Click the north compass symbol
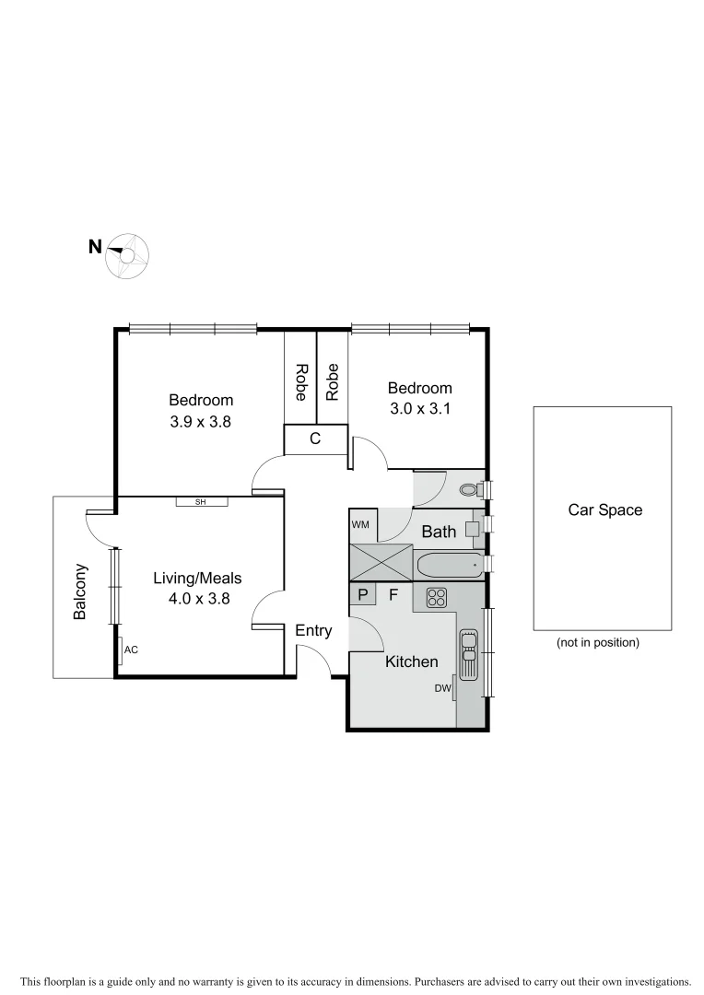pyautogui.click(x=127, y=255)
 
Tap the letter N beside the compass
pyautogui.click(x=94, y=247)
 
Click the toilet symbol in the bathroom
pyautogui.click(x=470, y=489)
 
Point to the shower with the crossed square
pyautogui.click(x=381, y=562)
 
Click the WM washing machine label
pyautogui.click(x=360, y=524)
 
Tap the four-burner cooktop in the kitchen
pyautogui.click(x=436, y=596)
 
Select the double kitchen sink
pyautogui.click(x=468, y=652)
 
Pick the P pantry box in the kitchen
pyautogui.click(x=362, y=595)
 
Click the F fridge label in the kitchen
pyautogui.click(x=393, y=595)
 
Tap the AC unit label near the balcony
pyautogui.click(x=131, y=650)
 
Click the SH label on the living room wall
pyautogui.click(x=201, y=502)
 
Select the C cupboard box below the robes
pyautogui.click(x=315, y=439)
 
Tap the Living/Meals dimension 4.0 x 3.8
pyautogui.click(x=197, y=598)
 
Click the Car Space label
pyautogui.click(x=605, y=509)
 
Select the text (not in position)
pyautogui.click(x=597, y=642)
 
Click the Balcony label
pyautogui.click(x=80, y=591)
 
